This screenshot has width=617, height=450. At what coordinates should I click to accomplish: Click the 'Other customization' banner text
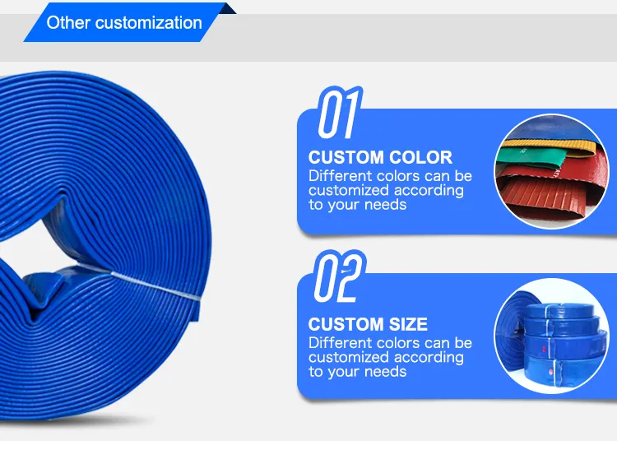pos(124,22)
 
